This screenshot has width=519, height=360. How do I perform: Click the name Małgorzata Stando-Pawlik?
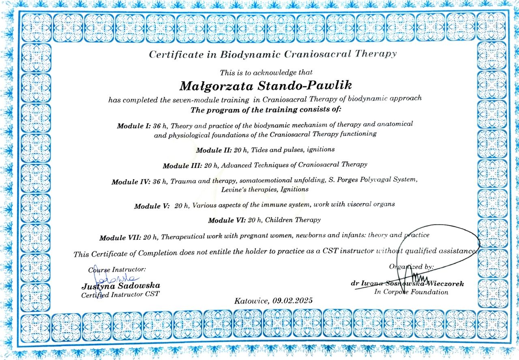click(x=265, y=86)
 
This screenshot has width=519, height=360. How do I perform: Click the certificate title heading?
click(x=272, y=54)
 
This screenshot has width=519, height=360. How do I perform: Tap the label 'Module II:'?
click(x=214, y=150)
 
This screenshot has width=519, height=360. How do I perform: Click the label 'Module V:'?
click(x=152, y=206)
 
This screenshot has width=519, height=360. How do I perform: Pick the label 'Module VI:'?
click(x=226, y=221)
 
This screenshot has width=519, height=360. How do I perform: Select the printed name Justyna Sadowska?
click(x=121, y=286)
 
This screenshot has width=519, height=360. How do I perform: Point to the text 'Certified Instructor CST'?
click(x=120, y=295)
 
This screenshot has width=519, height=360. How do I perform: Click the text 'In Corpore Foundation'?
click(x=411, y=291)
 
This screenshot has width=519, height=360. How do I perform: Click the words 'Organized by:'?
click(x=411, y=267)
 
